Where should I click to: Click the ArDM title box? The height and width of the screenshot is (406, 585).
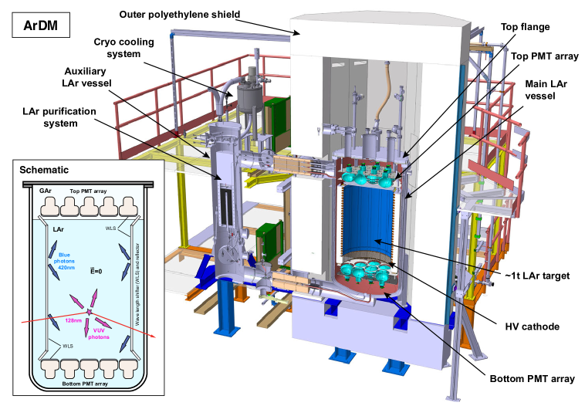pos(41,25)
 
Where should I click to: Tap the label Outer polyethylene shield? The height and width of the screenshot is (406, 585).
pos(180,15)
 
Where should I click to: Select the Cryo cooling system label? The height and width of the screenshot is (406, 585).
pos(123,48)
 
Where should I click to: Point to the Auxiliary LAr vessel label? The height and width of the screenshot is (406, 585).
pos(86,77)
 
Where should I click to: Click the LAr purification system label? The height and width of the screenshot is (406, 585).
pos(59,117)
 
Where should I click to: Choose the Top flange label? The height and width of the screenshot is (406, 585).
pos(525,27)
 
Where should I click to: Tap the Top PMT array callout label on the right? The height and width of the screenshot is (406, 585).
pos(545,56)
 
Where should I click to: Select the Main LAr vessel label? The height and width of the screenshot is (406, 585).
pos(546,90)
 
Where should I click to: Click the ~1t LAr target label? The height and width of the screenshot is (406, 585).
pos(537,276)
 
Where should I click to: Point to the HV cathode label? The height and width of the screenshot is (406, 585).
pos(532,327)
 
